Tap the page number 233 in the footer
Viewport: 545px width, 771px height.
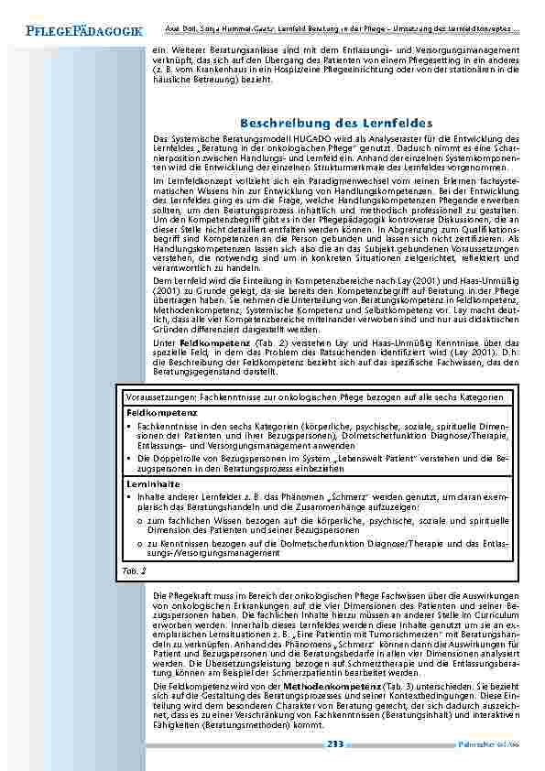coord(334,744)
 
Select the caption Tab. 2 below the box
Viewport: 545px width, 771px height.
coord(134,570)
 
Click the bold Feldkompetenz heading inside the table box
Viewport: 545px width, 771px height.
coord(154,414)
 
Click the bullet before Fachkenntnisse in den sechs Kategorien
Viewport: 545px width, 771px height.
coord(128,427)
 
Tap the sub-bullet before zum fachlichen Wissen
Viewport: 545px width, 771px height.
coord(138,520)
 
